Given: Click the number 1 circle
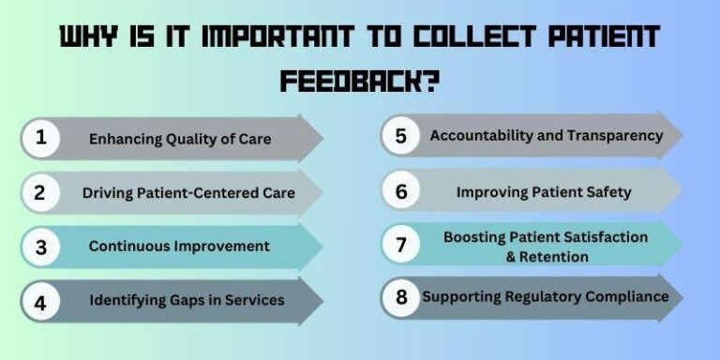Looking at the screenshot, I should [40, 139].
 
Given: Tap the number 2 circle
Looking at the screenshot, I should [40, 193].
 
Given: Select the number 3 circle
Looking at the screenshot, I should [40, 247].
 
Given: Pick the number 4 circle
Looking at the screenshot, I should [40, 301].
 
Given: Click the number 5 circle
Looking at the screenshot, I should [400, 136].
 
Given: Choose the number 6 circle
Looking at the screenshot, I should [400, 191].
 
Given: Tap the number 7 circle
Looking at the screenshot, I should [400, 245].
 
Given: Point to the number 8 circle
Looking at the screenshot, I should [400, 297].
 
